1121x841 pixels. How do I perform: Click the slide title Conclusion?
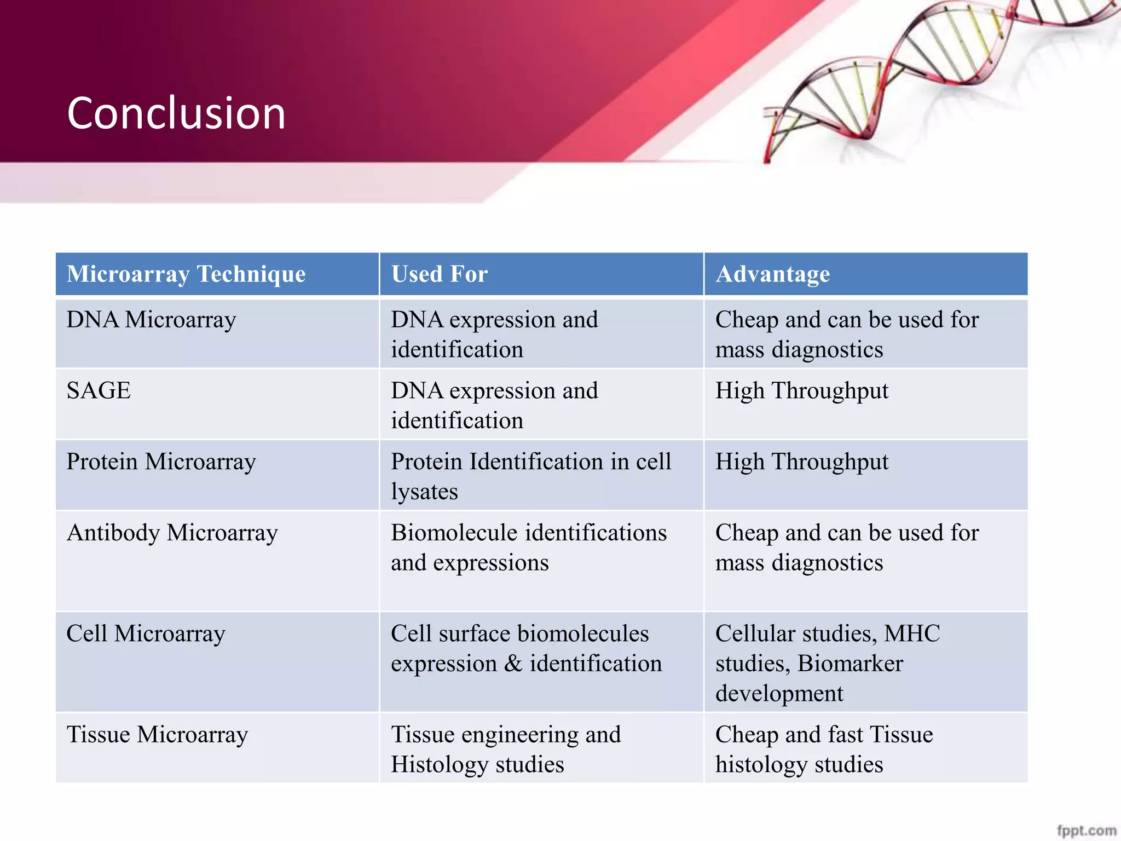pyautogui.click(x=176, y=113)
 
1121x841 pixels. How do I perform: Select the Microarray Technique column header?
pyautogui.click(x=186, y=274)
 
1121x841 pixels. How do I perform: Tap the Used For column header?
pyautogui.click(x=440, y=274)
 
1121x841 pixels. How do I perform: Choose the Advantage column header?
pyautogui.click(x=772, y=274)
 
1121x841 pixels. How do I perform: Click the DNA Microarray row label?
pyautogui.click(x=151, y=320)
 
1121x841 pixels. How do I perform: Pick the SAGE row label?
pyautogui.click(x=99, y=391)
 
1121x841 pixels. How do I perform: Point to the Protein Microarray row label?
pyautogui.click(x=161, y=462)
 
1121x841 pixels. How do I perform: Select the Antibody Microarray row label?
pyautogui.click(x=172, y=533)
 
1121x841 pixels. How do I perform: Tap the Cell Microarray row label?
pyautogui.click(x=146, y=633)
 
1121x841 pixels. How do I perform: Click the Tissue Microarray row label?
pyautogui.click(x=157, y=735)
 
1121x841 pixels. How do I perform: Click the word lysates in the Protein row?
pyautogui.click(x=424, y=492)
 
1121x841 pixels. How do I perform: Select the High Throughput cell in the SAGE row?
pyautogui.click(x=802, y=391)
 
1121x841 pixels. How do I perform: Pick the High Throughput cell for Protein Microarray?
pyautogui.click(x=802, y=462)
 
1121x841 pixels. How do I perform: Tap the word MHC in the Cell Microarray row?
pyautogui.click(x=912, y=633)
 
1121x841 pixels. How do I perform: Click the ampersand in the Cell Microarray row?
pyautogui.click(x=513, y=664)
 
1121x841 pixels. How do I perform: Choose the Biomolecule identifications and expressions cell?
pyautogui.click(x=528, y=548)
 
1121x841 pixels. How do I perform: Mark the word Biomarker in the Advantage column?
pyautogui.click(x=850, y=664)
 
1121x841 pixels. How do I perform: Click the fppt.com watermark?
pyautogui.click(x=1086, y=831)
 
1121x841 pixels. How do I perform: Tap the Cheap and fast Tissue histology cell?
pyautogui.click(x=824, y=749)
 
